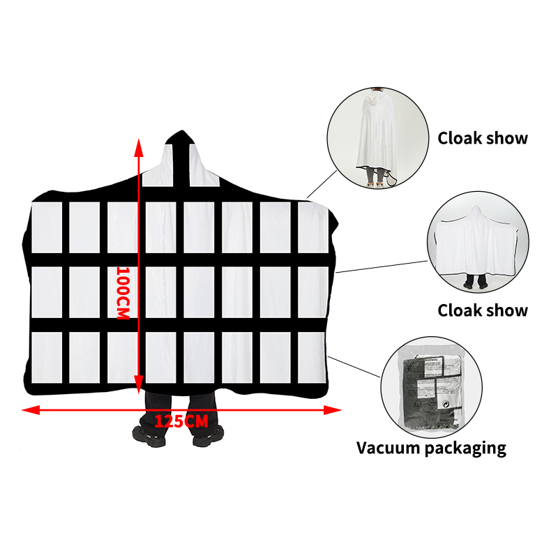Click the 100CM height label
point(123,293)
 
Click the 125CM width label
point(181,421)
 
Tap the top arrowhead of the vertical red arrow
point(140,146)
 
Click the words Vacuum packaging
point(431,447)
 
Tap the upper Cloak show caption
point(483,137)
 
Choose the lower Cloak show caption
point(483,310)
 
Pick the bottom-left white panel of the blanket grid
point(46,357)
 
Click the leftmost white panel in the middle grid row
point(46,291)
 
